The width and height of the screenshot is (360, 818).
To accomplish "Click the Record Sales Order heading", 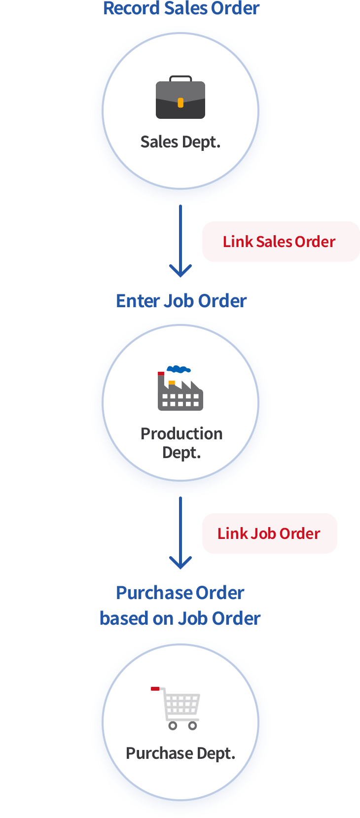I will (181, 8).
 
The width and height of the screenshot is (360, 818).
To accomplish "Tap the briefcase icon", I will (180, 99).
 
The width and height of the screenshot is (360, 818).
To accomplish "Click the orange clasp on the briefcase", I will (180, 103).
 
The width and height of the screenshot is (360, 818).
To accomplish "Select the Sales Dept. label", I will (180, 142).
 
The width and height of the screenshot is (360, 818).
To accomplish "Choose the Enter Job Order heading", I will (181, 301).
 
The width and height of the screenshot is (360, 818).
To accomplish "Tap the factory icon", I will (180, 392).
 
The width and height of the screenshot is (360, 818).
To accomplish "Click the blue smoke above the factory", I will (179, 369).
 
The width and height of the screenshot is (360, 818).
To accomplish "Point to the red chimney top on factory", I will (161, 374).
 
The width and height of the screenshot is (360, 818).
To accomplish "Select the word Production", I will (181, 433).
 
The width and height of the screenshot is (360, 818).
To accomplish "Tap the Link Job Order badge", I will (269, 533).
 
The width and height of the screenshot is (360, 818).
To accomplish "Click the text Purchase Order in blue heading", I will (180, 593).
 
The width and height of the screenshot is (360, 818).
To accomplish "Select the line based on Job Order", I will (180, 618).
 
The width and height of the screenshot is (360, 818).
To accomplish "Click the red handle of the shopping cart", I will (155, 688).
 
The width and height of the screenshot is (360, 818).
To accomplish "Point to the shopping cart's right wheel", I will (193, 725).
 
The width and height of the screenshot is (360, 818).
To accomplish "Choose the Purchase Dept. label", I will (180, 753).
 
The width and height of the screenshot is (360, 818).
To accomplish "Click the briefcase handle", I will (180, 78).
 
